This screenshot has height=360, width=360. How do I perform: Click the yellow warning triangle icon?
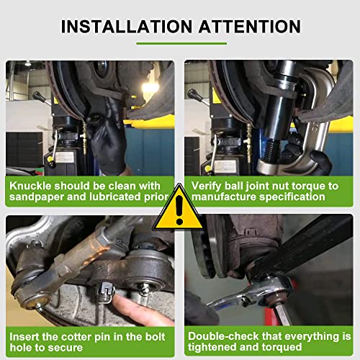[179, 210]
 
